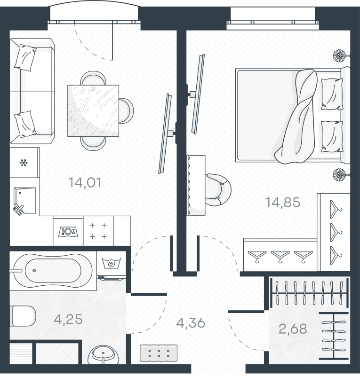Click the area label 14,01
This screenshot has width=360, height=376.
pyautogui.click(x=85, y=183)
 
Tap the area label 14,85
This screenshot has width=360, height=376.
pyautogui.click(x=283, y=202)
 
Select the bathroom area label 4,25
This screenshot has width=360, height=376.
pyautogui.click(x=68, y=319)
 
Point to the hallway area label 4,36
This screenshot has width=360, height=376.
pyautogui.click(x=191, y=323)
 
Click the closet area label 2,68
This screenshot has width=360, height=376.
pyautogui.click(x=293, y=329)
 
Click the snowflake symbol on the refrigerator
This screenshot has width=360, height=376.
pyautogui.click(x=24, y=163)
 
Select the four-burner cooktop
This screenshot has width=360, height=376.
pyautogui.click(x=98, y=231)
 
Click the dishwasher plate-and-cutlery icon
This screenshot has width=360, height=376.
pyautogui.click(x=68, y=232)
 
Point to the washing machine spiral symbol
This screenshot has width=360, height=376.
pyautogui.click(x=112, y=264)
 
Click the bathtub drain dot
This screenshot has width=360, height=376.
pyautogui.click(x=34, y=271)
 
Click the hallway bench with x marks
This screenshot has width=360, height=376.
pyautogui.click(x=159, y=353)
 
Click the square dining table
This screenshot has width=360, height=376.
pyautogui.click(x=93, y=111)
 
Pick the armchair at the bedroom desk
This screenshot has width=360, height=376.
pyautogui.click(x=218, y=190)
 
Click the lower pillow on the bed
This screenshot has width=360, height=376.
pyautogui.click(x=332, y=136)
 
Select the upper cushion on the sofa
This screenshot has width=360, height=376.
pyautogui.click(x=25, y=57)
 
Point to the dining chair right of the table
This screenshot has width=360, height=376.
pyautogui.click(x=126, y=111)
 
